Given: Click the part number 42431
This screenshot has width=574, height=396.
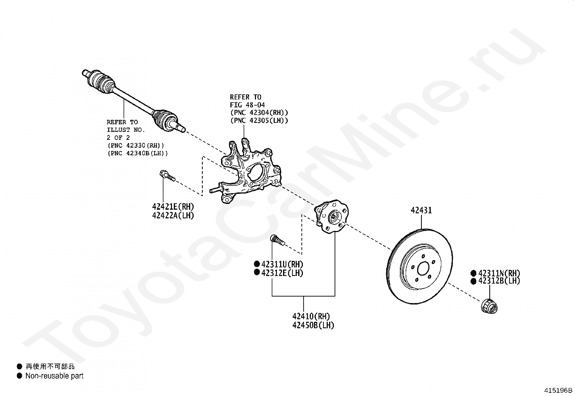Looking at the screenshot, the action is coord(421,210).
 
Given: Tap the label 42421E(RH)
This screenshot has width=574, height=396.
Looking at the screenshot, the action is coord(173,207).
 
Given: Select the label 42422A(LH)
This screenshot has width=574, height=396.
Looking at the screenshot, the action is coord(173,215).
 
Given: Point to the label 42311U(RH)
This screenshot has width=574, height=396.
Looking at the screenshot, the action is coord(282,264).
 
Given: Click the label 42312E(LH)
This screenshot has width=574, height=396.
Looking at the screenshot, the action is coord(282,273).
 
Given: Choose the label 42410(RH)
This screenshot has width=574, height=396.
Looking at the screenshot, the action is coord(311,316).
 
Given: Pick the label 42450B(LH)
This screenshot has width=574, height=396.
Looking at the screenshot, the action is coord(313,325).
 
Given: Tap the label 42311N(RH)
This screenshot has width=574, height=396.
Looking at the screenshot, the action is coord(499,273).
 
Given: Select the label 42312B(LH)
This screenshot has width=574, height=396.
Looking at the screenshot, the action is coord(499,281).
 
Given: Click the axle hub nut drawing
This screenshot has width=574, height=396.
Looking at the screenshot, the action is coord(489,306).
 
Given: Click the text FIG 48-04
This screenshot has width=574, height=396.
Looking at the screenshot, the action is coord(247,105).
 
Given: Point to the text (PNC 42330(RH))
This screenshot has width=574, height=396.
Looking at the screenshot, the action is coord(136,146).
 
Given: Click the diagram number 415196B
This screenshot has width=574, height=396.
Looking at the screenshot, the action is coord(558,390).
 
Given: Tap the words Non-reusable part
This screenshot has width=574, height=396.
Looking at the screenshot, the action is coord(54,376).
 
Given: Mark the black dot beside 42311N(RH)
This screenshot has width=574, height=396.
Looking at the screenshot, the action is coord(473,273).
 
